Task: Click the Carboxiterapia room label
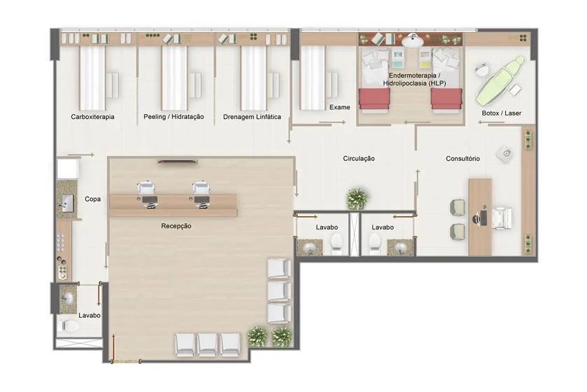coord(92,117)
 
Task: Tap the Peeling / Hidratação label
coord(174,117)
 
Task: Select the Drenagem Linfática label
coord(252,117)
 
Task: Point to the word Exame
coord(340,107)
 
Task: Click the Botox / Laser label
coord(501,113)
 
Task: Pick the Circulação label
coord(358,159)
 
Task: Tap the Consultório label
coord(463,159)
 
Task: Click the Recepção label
coord(176,226)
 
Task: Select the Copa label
coord(92,199)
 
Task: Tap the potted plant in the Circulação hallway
coord(358,198)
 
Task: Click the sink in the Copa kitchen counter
coord(68,203)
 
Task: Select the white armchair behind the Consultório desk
coord(502,218)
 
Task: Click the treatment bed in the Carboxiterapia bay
coord(92,78)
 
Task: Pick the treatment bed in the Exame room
coord(312,78)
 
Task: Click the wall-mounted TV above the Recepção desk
coord(177,162)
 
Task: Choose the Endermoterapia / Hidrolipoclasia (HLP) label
coord(414,80)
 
